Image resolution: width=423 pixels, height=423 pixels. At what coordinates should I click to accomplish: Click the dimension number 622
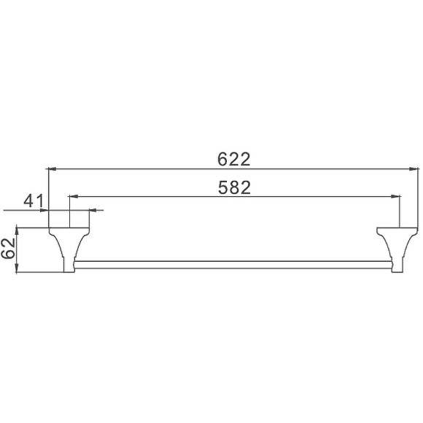[234, 158]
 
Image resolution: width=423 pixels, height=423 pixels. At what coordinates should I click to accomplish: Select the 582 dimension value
[234, 187]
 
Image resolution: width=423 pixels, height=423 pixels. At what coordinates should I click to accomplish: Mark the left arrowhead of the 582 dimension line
[72, 196]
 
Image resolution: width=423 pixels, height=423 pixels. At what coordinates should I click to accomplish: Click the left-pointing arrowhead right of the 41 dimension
[93, 211]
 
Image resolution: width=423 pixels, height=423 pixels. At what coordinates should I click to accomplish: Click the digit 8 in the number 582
[234, 187]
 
